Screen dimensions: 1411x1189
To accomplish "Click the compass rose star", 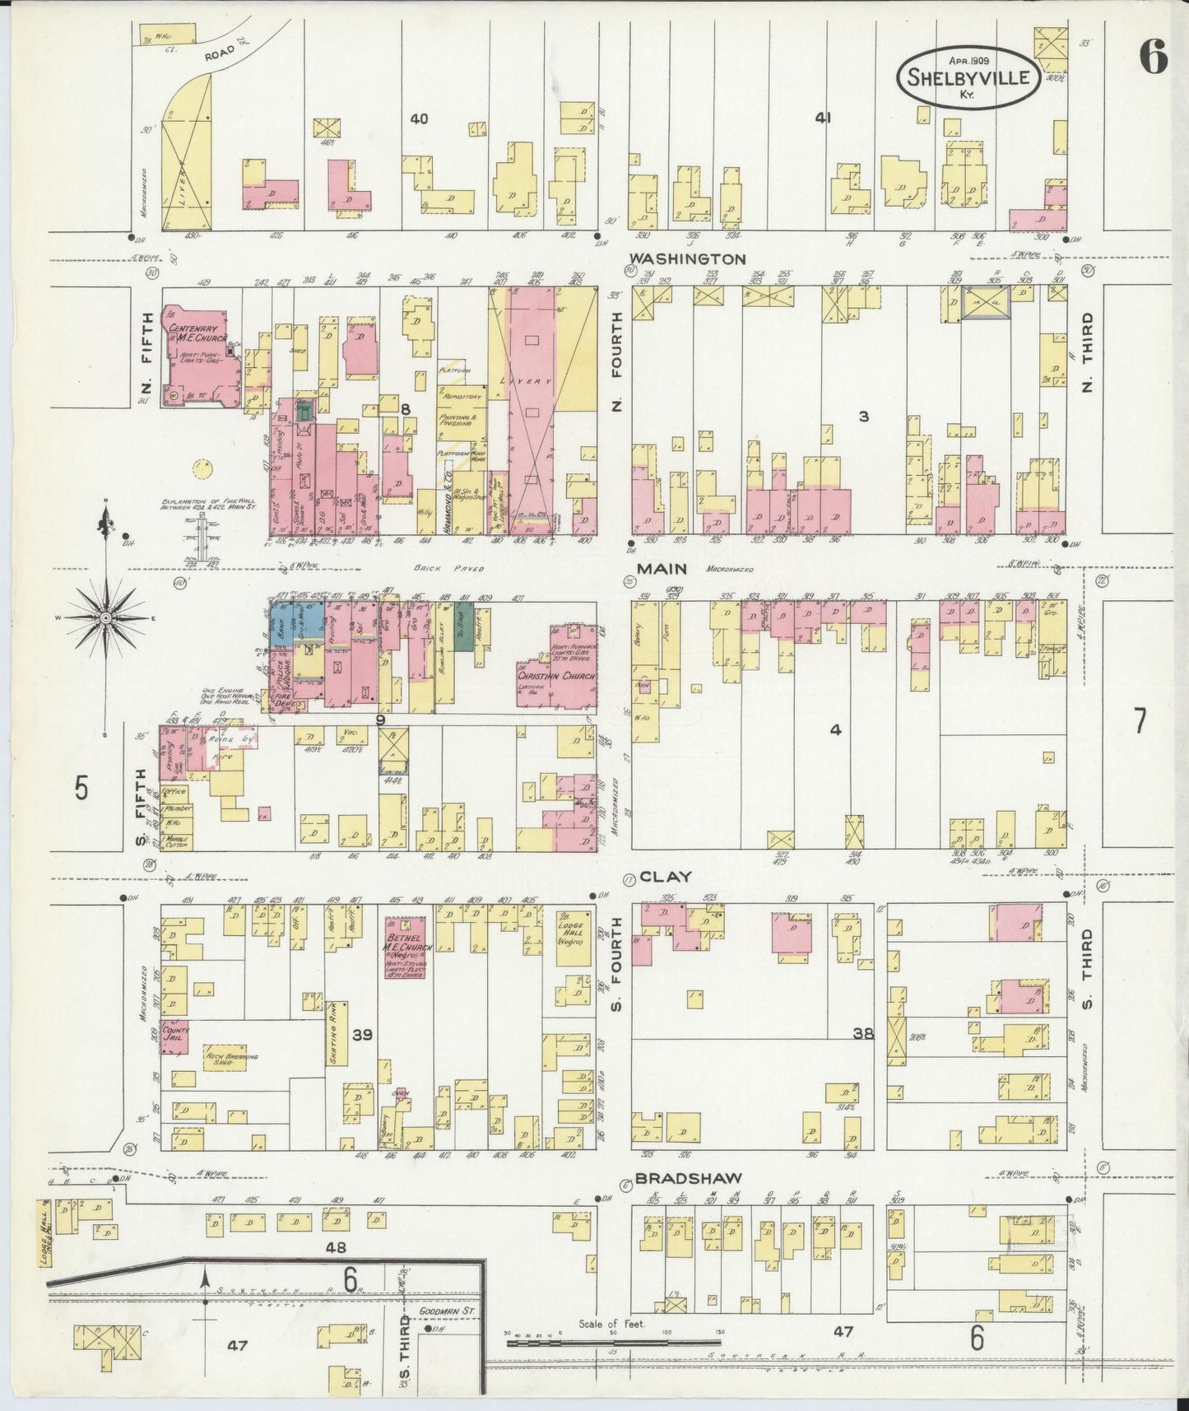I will [105, 617].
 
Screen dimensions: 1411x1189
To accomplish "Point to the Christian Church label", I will [555, 677].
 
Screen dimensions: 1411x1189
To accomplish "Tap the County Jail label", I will [175, 1034].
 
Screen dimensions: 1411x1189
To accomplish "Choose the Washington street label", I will [686, 258].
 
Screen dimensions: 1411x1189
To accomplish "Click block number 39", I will [362, 1034].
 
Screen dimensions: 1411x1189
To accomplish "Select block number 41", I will [822, 119].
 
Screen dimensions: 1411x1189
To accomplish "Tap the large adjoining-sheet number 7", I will [1139, 721].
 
